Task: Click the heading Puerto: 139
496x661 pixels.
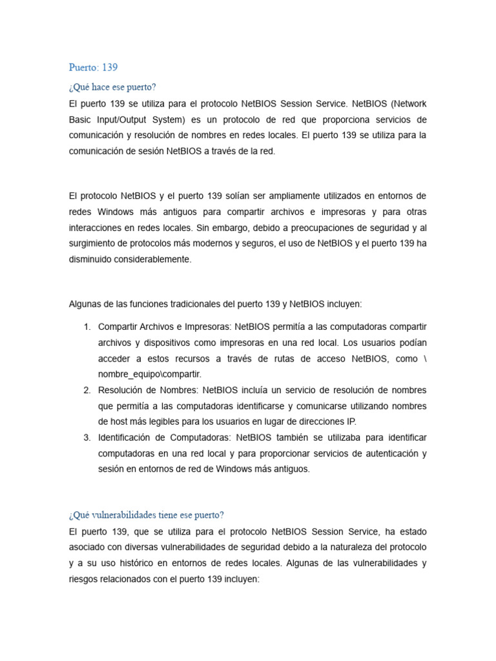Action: click(93, 67)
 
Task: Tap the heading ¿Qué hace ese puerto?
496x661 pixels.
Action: click(112, 87)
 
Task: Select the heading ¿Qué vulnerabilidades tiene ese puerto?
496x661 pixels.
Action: click(146, 514)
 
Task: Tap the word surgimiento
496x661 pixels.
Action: click(94, 243)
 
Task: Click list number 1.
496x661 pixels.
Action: click(87, 327)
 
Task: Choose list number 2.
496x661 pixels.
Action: click(87, 390)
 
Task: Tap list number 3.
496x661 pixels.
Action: click(87, 438)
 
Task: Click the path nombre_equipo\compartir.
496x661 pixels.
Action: click(150, 374)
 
